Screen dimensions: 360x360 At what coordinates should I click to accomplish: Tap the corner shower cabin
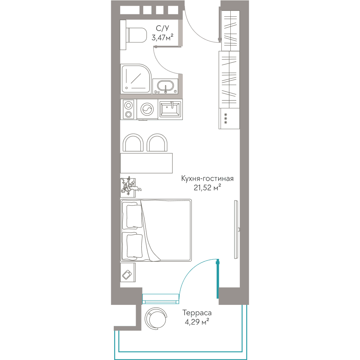pos(136,79)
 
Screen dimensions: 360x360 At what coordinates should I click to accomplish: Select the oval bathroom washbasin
pos(165,86)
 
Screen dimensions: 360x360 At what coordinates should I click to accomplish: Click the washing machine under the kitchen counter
pos(147,109)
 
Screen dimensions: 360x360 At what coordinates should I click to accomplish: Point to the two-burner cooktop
pos(129,109)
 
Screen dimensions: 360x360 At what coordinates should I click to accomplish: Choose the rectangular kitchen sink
pos(170,109)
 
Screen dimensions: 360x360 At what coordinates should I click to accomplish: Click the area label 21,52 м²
pos(207,188)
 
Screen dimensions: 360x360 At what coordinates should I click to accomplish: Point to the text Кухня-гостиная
pos(207,179)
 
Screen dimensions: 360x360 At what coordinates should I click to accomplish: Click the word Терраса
pos(197,313)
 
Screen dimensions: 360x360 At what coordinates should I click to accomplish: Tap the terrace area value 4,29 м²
pos(197,322)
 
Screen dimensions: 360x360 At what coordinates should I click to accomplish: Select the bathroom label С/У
pos(162,28)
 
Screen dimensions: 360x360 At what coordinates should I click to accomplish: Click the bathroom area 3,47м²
pos(162,37)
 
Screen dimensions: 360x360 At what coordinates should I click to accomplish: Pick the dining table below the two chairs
pos(146,163)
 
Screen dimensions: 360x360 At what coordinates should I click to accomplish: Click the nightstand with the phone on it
pos(128,273)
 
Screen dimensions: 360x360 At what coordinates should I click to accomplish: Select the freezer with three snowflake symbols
pos(229,118)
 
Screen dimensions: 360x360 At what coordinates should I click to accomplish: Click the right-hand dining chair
pos(157,143)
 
